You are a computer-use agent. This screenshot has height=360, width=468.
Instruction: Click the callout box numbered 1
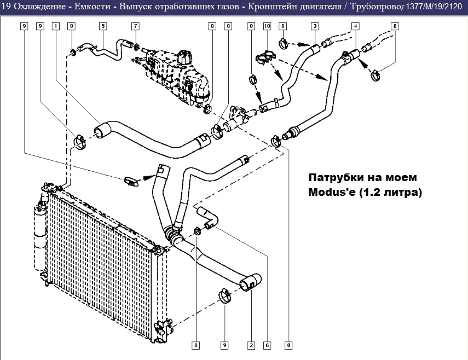click(55, 26)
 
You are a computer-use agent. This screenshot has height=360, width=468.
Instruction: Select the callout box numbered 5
click(103, 26)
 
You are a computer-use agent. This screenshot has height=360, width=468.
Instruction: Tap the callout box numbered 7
click(135, 26)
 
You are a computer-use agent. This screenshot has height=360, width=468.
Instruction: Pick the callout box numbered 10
click(267, 26)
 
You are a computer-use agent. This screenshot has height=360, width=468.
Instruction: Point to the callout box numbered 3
click(315, 26)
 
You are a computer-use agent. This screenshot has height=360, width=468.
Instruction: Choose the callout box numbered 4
click(355, 26)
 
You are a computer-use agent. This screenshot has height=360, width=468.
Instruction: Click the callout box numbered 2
click(251, 345)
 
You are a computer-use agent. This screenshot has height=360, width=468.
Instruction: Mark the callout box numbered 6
click(267, 345)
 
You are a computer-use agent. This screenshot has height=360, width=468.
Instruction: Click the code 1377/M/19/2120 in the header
click(434, 6)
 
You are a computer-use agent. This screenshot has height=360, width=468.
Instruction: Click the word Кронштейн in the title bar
click(271, 6)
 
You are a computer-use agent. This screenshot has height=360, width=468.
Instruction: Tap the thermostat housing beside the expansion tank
click(238, 117)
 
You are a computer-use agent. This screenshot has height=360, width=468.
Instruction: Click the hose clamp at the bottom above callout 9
click(226, 295)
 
